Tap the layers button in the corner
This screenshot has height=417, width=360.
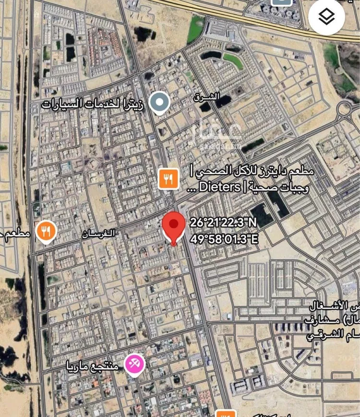tap(327, 17)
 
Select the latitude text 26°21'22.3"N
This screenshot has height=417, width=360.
tap(223, 223)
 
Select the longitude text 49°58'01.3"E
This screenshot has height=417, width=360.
tap(224, 238)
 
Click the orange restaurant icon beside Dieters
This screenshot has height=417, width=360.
tap(168, 179)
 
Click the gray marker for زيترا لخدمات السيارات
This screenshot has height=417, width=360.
tap(158, 103)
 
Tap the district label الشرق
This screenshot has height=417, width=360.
tap(207, 97)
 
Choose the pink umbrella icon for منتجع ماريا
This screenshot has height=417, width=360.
tap(135, 364)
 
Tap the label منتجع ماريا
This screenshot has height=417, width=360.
tap(92, 366)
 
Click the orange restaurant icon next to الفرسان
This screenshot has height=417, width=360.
tap(46, 232)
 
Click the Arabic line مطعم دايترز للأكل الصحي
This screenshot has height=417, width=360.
tap(252, 171)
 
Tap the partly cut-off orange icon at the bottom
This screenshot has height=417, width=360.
tap(226, 413)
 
